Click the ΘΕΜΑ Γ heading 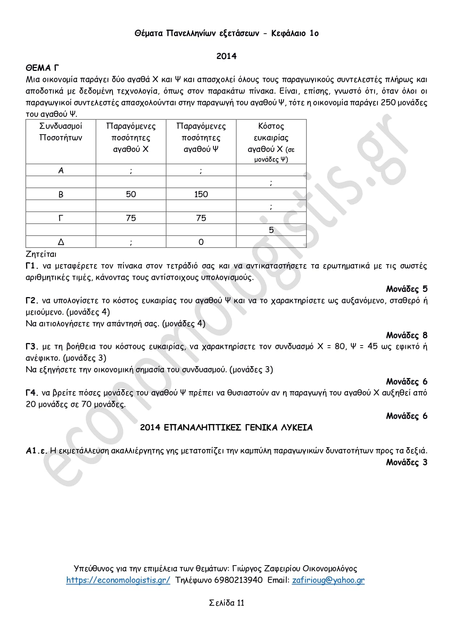(x=42, y=68)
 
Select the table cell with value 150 (x=201, y=194)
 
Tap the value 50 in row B (x=131, y=194)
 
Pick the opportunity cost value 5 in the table (x=271, y=230)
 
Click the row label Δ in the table (x=61, y=242)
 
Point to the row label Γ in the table (x=61, y=218)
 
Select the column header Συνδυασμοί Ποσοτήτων (x=61, y=132)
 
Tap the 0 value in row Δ (x=201, y=242)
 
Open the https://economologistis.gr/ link (x=118, y=580)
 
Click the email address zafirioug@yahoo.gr (x=328, y=580)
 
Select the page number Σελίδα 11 (x=226, y=603)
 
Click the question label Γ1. (x=31, y=266)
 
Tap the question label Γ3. (x=31, y=347)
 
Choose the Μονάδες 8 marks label (x=406, y=335)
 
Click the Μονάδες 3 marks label (x=406, y=462)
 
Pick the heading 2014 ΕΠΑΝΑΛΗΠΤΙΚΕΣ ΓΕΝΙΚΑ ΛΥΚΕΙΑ (x=226, y=428)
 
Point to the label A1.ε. (x=37, y=451)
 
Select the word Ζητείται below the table (x=41, y=254)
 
